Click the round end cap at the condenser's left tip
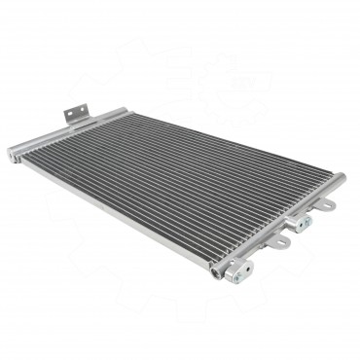pyautogui.click(x=14, y=154)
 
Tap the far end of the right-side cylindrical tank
pyautogui.click(x=338, y=180)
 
